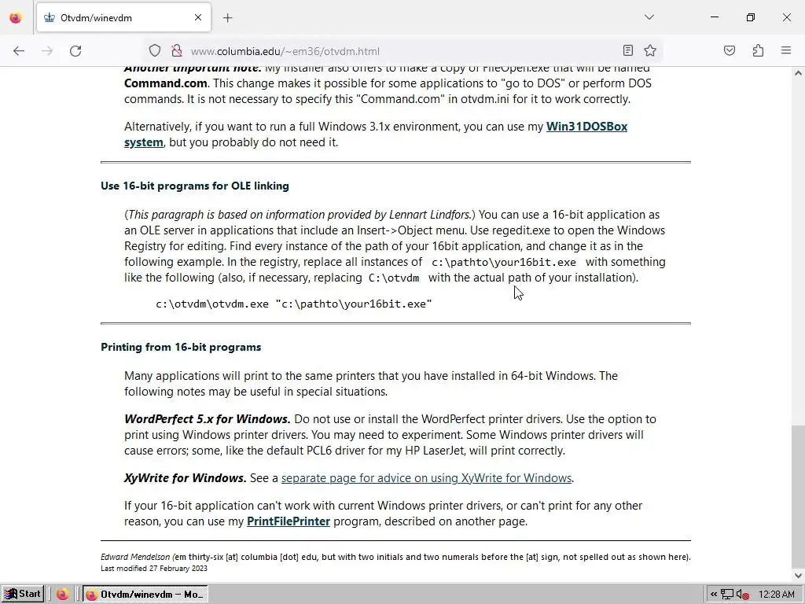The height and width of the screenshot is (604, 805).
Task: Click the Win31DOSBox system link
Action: click(586, 127)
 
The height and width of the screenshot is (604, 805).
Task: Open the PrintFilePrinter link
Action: click(288, 521)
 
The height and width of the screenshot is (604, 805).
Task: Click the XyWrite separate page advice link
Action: click(426, 478)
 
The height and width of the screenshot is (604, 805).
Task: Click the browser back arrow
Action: click(19, 51)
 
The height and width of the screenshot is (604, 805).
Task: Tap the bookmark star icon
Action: click(650, 51)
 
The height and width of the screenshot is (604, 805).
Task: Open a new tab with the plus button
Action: click(227, 17)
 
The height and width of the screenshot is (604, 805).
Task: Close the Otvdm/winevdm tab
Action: click(198, 17)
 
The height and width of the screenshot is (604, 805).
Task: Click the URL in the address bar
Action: click(285, 51)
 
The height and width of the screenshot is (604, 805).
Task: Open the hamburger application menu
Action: click(785, 51)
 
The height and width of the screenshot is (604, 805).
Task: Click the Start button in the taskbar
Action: click(22, 594)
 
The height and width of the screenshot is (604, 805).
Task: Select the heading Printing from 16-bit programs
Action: click(181, 347)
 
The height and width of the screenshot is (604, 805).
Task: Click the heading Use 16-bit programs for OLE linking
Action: click(195, 186)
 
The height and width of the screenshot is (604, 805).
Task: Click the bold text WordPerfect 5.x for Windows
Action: click(207, 419)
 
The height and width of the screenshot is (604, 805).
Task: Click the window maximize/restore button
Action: click(750, 17)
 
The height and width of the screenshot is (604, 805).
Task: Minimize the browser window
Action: click(714, 17)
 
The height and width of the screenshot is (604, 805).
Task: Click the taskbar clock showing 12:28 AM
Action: click(777, 595)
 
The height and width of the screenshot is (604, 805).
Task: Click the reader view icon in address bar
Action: click(627, 51)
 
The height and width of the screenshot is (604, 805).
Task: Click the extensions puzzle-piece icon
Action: click(758, 51)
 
